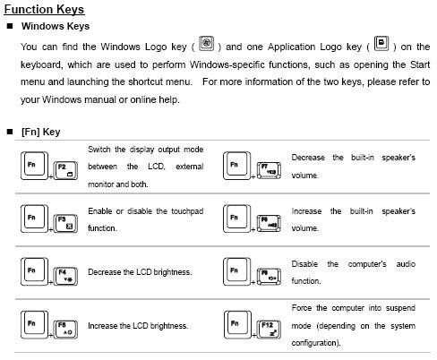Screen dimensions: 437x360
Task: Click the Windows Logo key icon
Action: click(207, 44)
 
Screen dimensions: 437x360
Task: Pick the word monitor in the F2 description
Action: click(105, 184)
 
